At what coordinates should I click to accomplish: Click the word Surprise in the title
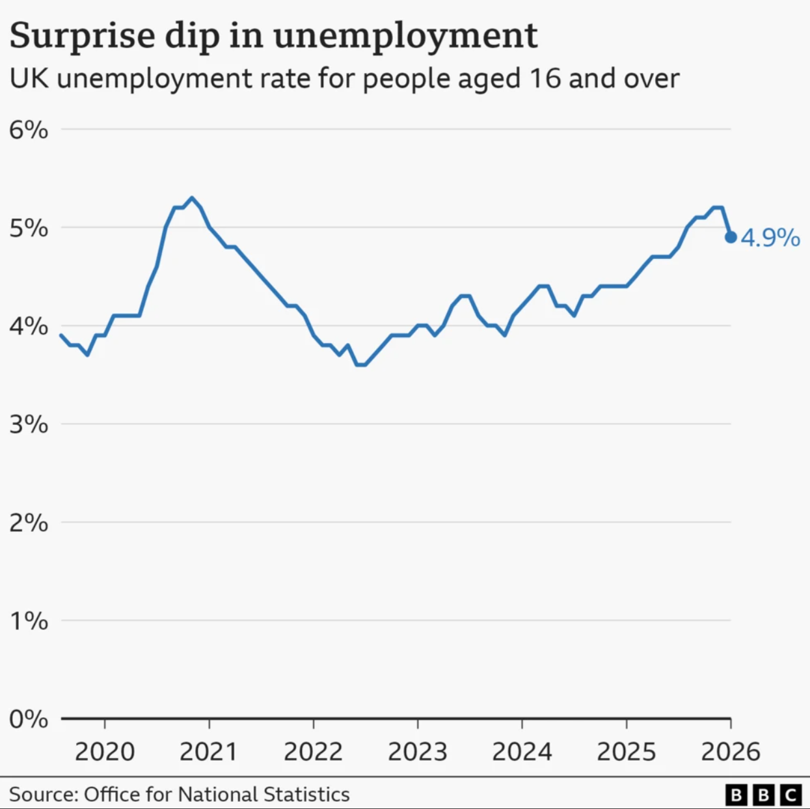point(81,36)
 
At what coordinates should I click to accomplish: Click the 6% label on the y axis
point(29,130)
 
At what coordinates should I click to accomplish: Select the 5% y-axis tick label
point(29,228)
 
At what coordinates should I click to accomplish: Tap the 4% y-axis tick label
point(29,326)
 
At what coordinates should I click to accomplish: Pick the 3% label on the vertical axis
point(29,424)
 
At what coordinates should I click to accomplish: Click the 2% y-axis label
point(29,523)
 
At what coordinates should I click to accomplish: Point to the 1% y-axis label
point(29,621)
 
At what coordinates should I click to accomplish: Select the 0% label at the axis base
point(29,719)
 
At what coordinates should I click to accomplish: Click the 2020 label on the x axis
point(105,752)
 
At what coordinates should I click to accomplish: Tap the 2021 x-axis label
point(209,752)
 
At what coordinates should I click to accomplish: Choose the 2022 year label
point(313,752)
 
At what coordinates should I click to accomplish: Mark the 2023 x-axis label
point(418,752)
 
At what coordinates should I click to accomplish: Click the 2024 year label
point(522,752)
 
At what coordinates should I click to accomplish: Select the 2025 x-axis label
point(627,752)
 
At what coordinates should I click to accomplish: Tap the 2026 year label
point(731,752)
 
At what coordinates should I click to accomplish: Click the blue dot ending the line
point(731,238)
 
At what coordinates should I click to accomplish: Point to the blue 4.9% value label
point(770,238)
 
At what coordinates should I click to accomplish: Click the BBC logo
point(763,795)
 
